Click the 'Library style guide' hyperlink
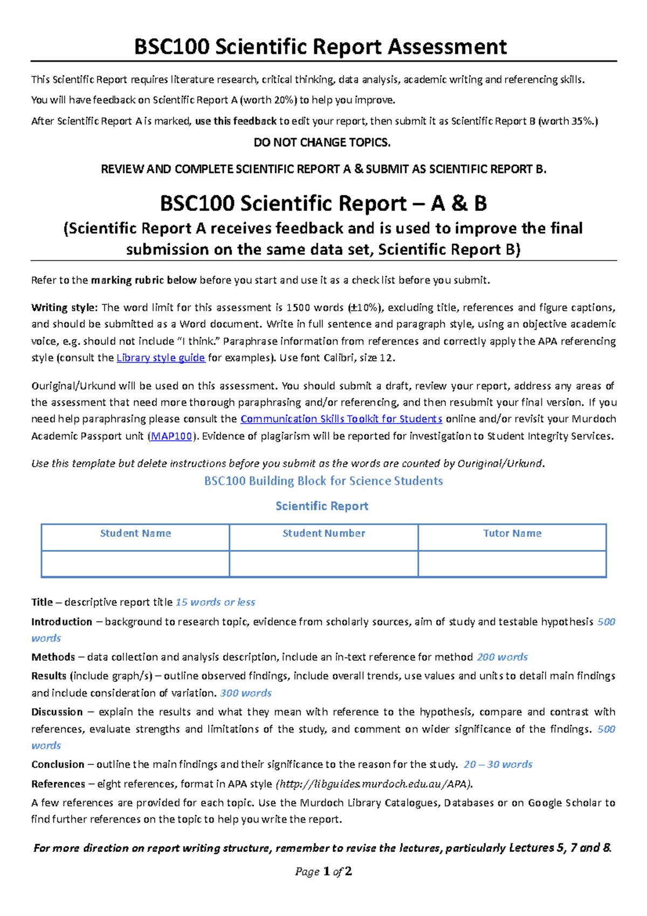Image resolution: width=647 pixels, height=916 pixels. point(161,358)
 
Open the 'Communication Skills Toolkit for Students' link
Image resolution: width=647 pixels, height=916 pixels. point(341,419)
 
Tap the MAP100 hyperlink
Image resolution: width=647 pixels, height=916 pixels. point(171,436)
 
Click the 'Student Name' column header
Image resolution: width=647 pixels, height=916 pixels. point(135,534)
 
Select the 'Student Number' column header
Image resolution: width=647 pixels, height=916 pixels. point(323,534)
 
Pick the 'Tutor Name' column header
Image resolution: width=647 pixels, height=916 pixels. point(512,534)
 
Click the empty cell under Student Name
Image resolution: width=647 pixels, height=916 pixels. point(135,564)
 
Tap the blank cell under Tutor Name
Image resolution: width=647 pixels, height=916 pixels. point(512,564)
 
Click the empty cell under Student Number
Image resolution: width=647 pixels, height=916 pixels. point(323,564)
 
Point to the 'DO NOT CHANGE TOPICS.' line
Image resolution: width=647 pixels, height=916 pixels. point(322,142)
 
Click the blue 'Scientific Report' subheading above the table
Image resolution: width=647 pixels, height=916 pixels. point(322,506)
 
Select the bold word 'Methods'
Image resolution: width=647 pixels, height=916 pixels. point(53,657)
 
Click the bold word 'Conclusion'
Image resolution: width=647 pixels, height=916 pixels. point(58,764)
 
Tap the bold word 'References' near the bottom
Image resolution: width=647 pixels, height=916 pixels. point(58,784)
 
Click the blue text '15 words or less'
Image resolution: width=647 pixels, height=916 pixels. point(216,602)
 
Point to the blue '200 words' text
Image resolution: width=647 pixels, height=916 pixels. point(502,657)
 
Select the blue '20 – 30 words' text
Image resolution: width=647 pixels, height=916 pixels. point(498,764)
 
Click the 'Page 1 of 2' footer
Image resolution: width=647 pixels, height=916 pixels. point(323,871)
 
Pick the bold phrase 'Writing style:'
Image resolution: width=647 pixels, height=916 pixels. point(65,307)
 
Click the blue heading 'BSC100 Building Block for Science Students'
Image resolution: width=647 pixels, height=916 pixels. point(323,481)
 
